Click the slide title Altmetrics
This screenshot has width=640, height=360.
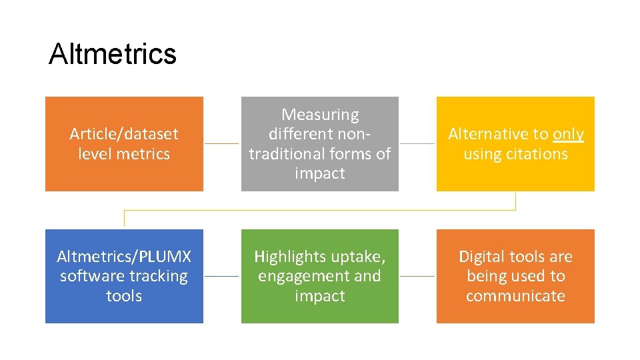click(x=112, y=54)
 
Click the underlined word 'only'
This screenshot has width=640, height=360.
click(x=568, y=134)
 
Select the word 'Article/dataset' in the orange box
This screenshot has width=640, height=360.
click(x=124, y=134)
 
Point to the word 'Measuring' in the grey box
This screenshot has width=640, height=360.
click(x=320, y=115)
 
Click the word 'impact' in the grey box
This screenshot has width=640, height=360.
click(x=320, y=173)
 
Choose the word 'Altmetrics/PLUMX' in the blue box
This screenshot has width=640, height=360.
click(x=124, y=257)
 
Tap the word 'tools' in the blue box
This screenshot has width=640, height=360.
click(x=124, y=296)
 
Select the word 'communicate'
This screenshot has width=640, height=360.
click(x=515, y=296)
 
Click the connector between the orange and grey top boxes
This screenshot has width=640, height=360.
click(x=221, y=143)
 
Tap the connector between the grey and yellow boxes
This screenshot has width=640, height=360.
click(x=417, y=143)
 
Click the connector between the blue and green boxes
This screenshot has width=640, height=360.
click(x=221, y=276)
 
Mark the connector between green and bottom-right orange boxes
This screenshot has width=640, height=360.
click(x=417, y=276)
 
